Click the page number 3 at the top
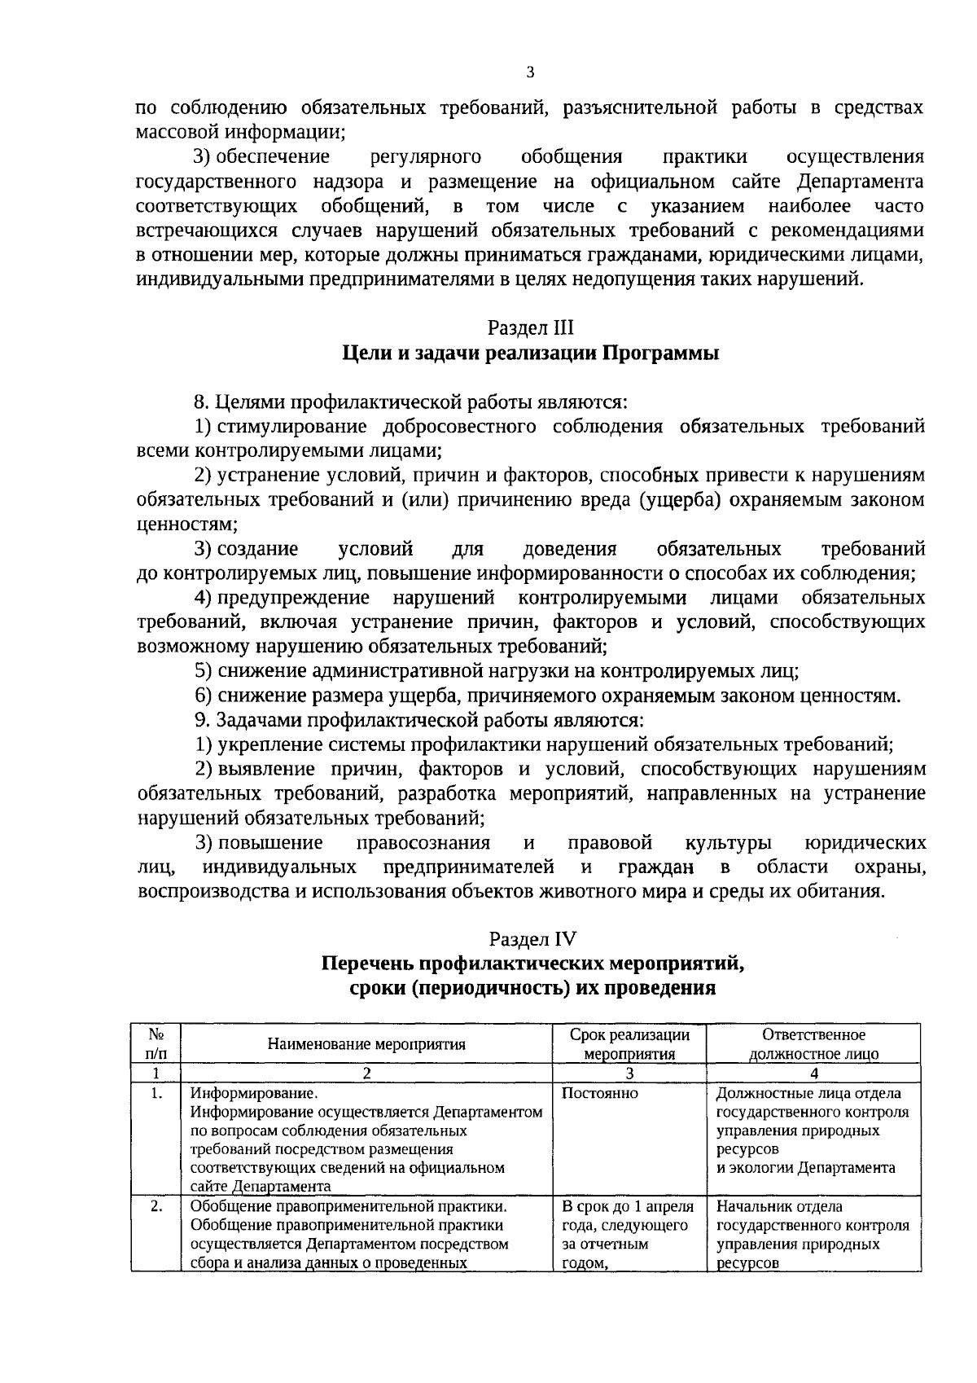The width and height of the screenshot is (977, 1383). (530, 73)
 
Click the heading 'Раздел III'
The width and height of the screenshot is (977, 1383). (530, 328)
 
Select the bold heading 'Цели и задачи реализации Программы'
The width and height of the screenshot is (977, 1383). (530, 353)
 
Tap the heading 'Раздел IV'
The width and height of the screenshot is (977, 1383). (530, 940)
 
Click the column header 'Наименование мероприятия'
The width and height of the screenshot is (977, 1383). (366, 1045)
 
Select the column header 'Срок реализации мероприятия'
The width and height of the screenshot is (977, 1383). (629, 1044)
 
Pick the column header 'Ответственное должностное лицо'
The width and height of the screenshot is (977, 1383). (813, 1044)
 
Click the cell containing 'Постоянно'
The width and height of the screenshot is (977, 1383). (600, 1094)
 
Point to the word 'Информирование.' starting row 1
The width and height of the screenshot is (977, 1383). (252, 1094)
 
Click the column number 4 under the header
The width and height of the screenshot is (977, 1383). (813, 1073)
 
